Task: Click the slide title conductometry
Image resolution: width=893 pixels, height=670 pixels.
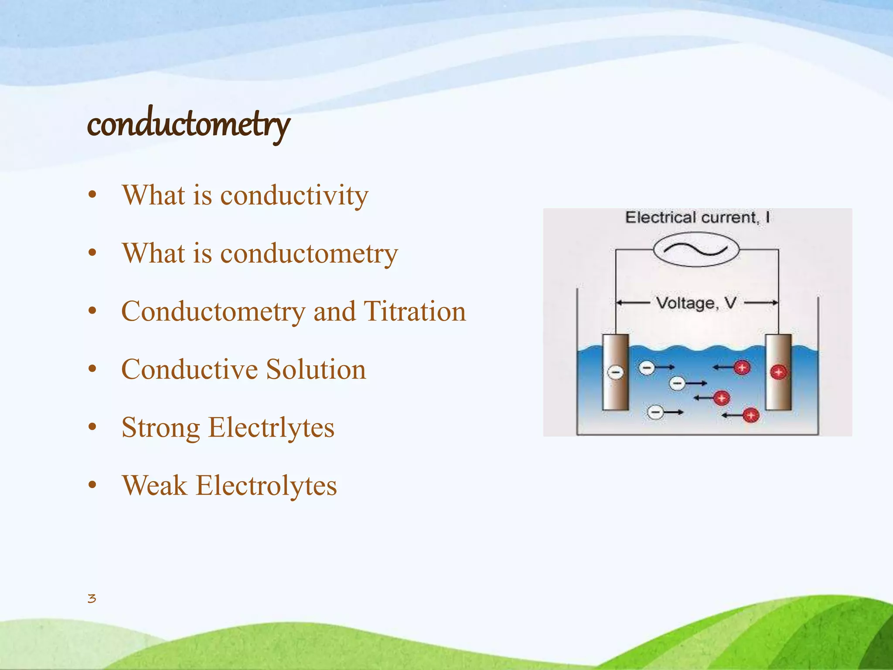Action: click(188, 124)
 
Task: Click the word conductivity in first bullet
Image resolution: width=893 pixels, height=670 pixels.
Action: click(294, 195)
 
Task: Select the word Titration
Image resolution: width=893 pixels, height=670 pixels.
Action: click(415, 311)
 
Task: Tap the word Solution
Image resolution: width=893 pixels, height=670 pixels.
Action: click(316, 369)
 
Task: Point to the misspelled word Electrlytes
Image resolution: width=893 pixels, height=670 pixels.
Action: click(271, 427)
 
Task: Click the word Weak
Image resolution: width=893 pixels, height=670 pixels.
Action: click(154, 485)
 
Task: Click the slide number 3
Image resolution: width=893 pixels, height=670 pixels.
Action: click(92, 598)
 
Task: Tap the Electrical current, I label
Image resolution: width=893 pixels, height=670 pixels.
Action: click(697, 217)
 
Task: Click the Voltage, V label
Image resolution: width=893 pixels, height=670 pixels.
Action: click(696, 303)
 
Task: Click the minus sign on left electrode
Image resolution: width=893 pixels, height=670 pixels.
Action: click(616, 372)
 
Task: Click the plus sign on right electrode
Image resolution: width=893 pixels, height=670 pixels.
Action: click(778, 372)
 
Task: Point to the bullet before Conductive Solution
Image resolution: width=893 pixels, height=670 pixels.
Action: click(92, 369)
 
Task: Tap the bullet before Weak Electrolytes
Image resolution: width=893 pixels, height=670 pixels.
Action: click(92, 485)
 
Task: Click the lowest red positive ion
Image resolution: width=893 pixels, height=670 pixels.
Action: click(751, 415)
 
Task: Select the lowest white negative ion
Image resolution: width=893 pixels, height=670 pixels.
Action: click(655, 412)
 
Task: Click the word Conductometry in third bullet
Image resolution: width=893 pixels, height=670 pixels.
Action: click(213, 311)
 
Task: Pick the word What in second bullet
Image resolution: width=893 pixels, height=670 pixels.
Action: click(153, 253)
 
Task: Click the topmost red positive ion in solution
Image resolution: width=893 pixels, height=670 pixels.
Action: click(742, 367)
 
